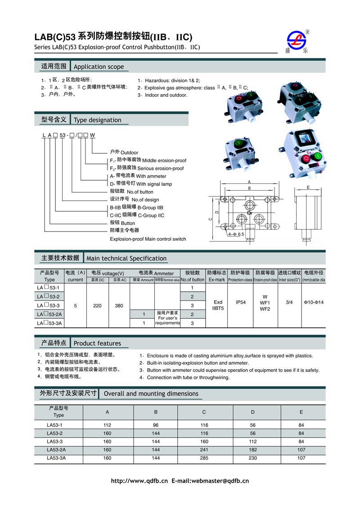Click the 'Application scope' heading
click(x=99, y=67)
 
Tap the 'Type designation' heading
click(x=97, y=120)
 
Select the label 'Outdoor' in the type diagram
click(x=129, y=152)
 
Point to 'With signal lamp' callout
click(x=154, y=184)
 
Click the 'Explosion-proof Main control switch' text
click(x=148, y=239)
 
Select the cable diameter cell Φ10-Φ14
click(x=313, y=303)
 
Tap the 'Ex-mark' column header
click(x=216, y=280)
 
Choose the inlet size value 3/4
click(x=289, y=303)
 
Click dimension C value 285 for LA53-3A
click(x=204, y=458)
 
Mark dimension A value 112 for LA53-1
click(x=107, y=425)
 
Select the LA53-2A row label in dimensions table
click(x=56, y=450)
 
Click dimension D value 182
click(x=253, y=450)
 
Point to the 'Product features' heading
click(x=97, y=343)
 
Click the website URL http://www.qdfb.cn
click(x=139, y=481)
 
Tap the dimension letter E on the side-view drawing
click(x=308, y=187)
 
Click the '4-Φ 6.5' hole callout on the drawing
click(x=236, y=234)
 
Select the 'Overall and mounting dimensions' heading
click(x=151, y=393)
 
